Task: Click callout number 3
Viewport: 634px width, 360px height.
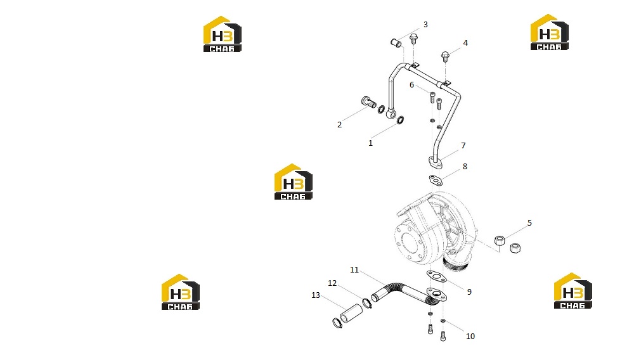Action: click(425, 25)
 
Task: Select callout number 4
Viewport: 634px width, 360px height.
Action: click(465, 43)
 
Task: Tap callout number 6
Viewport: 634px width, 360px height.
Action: click(411, 85)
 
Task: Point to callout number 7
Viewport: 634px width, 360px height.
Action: click(463, 145)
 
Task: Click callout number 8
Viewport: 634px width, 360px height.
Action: click(465, 167)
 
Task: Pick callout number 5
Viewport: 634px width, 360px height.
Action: click(529, 223)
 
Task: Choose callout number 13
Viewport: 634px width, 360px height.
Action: click(316, 295)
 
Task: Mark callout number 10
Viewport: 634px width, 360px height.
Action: click(470, 336)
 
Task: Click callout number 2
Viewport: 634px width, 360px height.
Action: click(340, 125)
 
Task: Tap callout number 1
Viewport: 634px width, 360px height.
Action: click(370, 143)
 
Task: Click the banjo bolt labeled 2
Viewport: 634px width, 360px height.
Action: click(368, 103)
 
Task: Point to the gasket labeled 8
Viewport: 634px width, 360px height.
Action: click(436, 180)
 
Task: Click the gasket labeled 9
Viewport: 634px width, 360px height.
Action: click(436, 277)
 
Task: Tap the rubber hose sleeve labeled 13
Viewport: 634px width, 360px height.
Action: click(351, 313)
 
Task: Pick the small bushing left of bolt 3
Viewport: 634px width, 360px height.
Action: click(396, 42)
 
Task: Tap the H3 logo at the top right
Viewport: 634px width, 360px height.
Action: click(549, 32)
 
